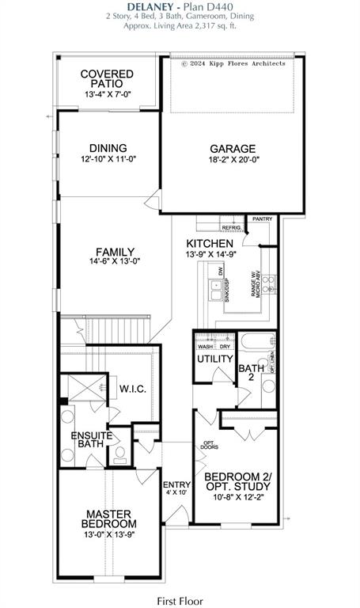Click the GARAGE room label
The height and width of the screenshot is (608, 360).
(x=232, y=148)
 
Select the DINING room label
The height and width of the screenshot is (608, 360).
(x=108, y=147)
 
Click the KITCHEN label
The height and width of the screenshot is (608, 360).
(x=209, y=243)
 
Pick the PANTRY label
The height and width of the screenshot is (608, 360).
(x=261, y=218)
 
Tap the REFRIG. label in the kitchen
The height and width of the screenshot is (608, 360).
(x=230, y=227)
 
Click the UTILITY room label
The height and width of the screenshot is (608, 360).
(x=215, y=359)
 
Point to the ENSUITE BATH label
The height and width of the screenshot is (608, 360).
(x=92, y=439)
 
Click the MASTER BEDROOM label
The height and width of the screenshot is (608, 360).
(x=111, y=519)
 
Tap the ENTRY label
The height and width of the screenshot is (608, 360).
(x=173, y=484)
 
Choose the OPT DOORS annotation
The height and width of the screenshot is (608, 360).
(x=209, y=446)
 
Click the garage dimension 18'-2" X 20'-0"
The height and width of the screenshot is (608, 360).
(x=232, y=160)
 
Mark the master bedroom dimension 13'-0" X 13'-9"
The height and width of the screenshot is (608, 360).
(x=111, y=536)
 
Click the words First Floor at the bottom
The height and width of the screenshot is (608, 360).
(x=180, y=601)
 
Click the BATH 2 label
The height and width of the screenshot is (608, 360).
(x=252, y=372)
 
